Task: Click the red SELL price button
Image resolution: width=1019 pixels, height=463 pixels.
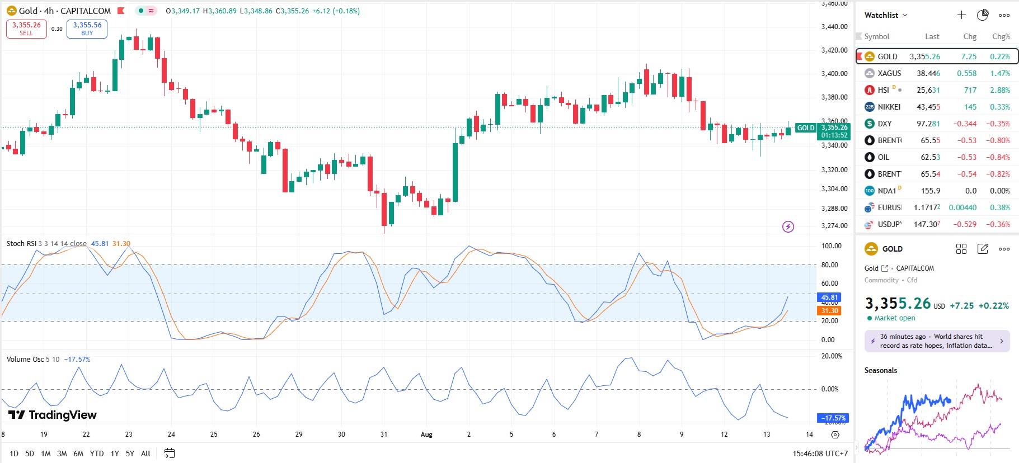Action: point(26,29)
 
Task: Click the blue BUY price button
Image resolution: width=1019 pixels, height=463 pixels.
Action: point(87,29)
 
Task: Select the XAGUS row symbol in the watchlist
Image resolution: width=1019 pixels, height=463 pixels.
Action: point(889,73)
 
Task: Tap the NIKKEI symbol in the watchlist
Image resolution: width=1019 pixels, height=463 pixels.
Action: point(889,107)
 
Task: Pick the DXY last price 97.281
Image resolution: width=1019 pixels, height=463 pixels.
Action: point(928,124)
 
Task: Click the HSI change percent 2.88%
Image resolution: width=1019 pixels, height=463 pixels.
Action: point(999,90)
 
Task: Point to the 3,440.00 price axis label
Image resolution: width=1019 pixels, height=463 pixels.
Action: point(834,26)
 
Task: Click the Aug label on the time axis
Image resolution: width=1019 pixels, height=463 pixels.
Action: point(426,434)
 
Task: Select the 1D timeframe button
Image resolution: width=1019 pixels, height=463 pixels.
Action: point(14,453)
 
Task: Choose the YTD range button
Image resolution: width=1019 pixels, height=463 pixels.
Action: point(97,453)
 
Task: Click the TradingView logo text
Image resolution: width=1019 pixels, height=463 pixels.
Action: point(53,415)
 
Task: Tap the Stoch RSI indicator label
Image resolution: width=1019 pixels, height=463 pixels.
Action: point(21,244)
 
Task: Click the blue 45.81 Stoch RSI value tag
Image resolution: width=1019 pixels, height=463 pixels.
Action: point(829,297)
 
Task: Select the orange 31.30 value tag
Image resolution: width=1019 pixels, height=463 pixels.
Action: point(829,311)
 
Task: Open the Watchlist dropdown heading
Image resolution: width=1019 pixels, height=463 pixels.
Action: point(885,15)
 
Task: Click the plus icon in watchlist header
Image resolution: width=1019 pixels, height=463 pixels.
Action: point(961,15)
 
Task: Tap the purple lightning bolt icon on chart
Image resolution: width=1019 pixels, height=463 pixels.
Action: point(788,226)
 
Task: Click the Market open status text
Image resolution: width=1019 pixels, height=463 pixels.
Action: point(894,318)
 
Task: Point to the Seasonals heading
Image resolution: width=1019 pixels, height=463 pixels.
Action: point(880,370)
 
